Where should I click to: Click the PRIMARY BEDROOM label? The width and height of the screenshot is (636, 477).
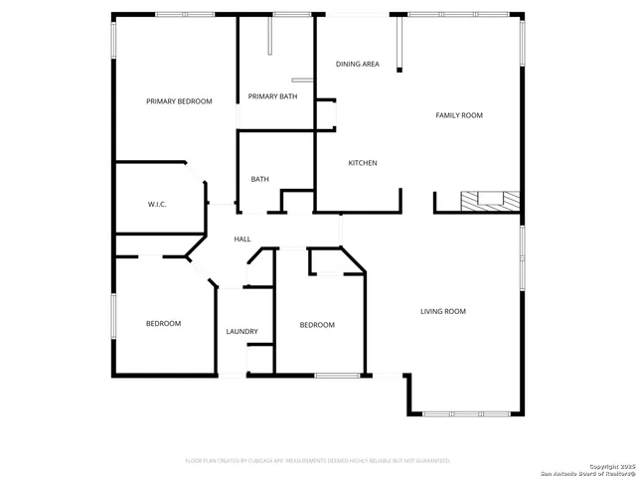point(179,101)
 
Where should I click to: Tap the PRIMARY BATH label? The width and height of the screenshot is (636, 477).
point(272,96)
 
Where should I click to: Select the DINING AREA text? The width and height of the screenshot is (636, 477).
point(357,65)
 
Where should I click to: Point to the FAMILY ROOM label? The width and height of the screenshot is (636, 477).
point(459,116)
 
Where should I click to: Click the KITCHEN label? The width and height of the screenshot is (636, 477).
point(362,163)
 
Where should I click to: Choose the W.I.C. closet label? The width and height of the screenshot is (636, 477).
point(157,204)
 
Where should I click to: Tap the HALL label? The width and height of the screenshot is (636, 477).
point(242,239)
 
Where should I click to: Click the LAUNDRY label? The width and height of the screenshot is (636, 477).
point(241,332)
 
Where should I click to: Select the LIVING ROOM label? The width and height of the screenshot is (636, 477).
point(442,312)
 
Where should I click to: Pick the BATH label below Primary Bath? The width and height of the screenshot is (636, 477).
point(259,180)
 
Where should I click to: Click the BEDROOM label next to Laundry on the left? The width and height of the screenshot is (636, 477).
point(164,324)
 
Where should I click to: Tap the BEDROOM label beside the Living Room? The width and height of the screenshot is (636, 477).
point(317,325)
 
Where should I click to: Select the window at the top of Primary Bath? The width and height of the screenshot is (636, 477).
point(290,14)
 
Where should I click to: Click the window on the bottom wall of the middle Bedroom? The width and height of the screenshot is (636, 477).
point(337,375)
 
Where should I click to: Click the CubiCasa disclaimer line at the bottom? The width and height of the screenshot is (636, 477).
point(318,461)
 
